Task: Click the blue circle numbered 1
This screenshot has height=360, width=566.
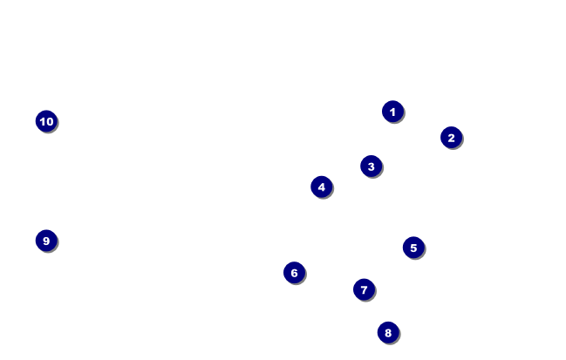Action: (x=392, y=112)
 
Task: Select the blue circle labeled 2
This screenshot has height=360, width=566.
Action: (x=451, y=137)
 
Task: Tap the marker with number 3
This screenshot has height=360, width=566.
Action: (x=371, y=166)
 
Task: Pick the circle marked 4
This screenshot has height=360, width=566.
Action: (x=321, y=187)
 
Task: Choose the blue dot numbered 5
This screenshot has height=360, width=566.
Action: (x=413, y=248)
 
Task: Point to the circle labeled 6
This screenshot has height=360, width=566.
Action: (x=294, y=273)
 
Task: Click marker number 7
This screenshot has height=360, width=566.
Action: (x=364, y=289)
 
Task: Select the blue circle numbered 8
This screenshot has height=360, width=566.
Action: (x=388, y=332)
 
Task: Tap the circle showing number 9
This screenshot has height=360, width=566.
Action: (x=46, y=241)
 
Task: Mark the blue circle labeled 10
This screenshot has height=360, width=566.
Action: (x=46, y=121)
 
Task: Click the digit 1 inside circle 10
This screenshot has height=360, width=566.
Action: (x=42, y=121)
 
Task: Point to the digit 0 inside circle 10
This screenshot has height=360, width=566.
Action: (x=50, y=121)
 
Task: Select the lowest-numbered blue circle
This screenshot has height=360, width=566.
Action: (x=392, y=112)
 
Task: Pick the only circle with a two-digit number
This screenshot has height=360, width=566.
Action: (x=46, y=121)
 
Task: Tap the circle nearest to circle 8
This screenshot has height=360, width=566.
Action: (x=364, y=289)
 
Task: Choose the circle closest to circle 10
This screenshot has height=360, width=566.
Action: (x=46, y=241)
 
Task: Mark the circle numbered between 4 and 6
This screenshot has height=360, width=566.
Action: (x=413, y=248)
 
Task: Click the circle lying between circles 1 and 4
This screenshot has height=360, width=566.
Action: (x=371, y=166)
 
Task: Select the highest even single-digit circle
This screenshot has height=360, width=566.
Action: (x=388, y=332)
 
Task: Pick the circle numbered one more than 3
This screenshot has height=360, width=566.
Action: (x=321, y=187)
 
